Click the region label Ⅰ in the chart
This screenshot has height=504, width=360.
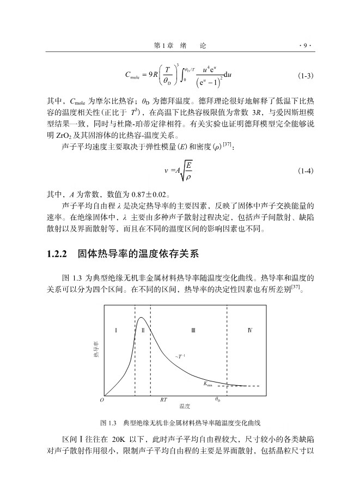[x=117, y=330]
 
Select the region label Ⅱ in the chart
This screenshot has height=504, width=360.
[x=143, y=330]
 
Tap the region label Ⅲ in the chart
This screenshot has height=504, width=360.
[x=193, y=330]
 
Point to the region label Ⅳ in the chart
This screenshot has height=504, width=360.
[x=250, y=330]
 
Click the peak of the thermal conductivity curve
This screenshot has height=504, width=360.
[x=141, y=318]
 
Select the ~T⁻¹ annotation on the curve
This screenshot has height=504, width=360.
[x=180, y=356]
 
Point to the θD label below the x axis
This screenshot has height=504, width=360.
[x=217, y=399]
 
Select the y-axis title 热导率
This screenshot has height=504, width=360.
[x=96, y=351]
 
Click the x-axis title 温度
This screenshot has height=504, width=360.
[x=184, y=406]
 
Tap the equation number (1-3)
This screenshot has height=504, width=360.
[x=305, y=76]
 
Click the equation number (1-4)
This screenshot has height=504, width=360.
[x=305, y=171]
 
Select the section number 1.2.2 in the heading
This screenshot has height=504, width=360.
[x=57, y=254]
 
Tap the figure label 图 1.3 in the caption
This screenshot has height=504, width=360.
[x=109, y=423]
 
